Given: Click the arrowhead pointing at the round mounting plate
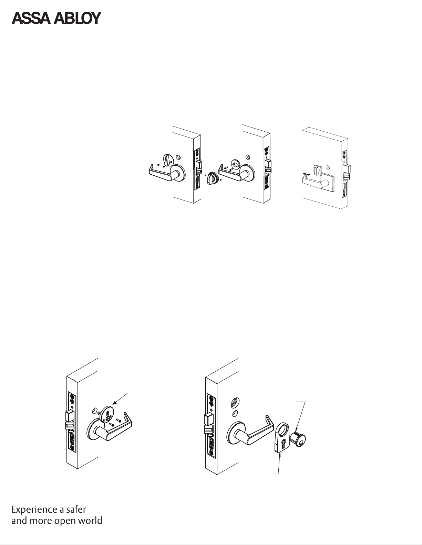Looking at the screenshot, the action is pos(114,403).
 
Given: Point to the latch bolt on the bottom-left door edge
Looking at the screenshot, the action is pos(70,417).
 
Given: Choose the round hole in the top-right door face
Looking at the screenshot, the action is pos(328,167).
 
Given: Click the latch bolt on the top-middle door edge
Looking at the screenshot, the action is pos(268,164).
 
